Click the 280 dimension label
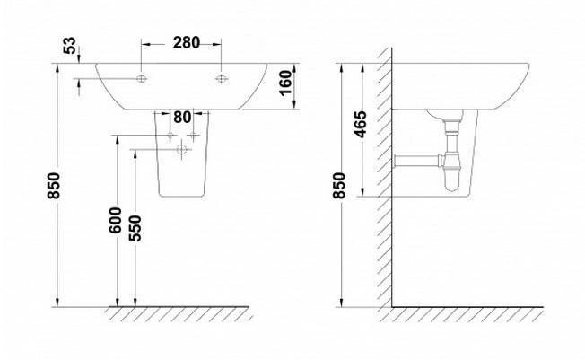click(186, 42)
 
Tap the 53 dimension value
click(70, 46)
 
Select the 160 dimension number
click(285, 83)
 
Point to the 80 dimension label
click(182, 118)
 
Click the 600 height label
click(115, 220)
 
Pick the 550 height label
click(135, 229)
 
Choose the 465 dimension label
click(361, 125)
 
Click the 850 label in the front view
click(53, 186)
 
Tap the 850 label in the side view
click(339, 186)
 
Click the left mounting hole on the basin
click(142, 79)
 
